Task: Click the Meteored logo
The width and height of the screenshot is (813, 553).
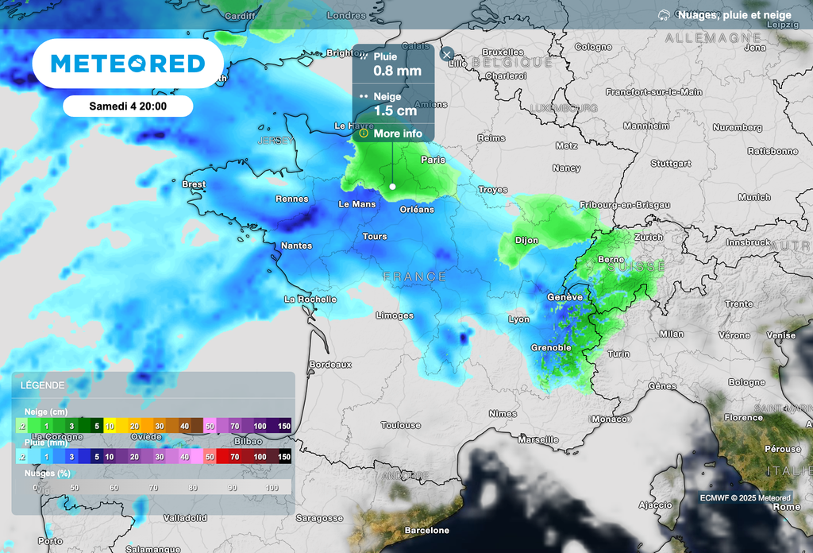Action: tap(127, 63)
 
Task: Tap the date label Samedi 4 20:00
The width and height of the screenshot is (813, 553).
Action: tap(128, 106)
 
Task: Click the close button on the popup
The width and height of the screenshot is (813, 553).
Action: tap(447, 54)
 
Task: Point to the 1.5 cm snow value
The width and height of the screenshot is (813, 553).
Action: tap(395, 110)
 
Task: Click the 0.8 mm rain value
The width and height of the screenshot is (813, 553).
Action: tap(397, 71)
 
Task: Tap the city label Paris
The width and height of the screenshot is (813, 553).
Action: tap(433, 160)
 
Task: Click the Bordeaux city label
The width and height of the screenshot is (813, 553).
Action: tap(330, 364)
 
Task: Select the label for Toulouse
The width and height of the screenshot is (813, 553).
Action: tap(401, 425)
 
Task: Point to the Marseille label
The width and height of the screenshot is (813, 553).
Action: tap(538, 439)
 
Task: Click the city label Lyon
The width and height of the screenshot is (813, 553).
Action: tap(518, 319)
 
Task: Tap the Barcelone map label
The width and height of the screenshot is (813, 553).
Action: tap(426, 530)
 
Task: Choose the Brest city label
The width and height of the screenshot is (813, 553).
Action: tap(194, 184)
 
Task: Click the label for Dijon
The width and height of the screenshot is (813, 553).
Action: tap(526, 240)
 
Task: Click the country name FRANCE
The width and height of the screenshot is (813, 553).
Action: tap(414, 276)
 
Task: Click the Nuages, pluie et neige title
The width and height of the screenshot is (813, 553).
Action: tap(734, 14)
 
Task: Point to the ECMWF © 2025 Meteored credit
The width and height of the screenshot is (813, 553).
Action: tap(745, 498)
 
